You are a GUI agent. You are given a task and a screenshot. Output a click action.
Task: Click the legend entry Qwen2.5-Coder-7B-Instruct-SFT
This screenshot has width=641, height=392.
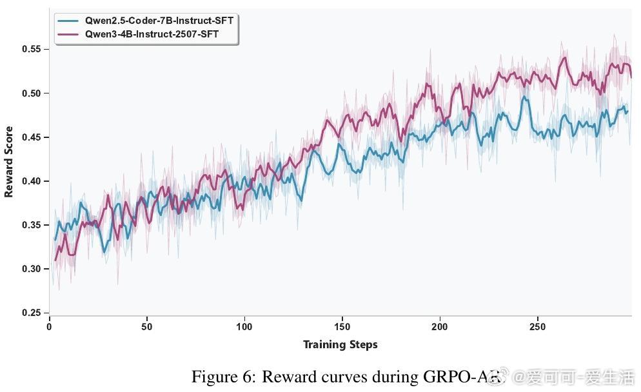pos(159,21)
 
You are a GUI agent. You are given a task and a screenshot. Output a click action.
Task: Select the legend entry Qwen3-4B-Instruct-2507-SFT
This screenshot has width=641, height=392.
pos(152,34)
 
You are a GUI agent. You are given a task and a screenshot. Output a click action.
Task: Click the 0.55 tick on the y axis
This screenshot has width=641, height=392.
pos(32,50)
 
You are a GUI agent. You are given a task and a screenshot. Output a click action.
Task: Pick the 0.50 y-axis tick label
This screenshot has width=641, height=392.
pos(32,93)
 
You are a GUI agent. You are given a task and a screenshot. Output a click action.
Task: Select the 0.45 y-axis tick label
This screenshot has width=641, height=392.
pos(32,137)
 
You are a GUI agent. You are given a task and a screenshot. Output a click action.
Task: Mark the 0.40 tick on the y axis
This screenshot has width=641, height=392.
pos(32,181)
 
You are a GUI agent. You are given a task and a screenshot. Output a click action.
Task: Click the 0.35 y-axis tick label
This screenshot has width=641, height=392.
pos(32,225)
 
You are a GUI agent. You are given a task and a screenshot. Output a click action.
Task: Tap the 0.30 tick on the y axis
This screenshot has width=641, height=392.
pos(32,269)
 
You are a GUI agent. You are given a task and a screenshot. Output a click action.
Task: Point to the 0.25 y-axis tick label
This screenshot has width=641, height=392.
pos(32,313)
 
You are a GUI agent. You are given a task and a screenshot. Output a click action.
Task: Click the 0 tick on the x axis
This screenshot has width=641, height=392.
pos(50,327)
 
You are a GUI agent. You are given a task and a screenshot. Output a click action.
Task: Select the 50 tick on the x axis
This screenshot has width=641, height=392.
pos(147,327)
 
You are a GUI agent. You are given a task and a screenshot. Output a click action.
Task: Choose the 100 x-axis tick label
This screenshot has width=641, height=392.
pos(244,327)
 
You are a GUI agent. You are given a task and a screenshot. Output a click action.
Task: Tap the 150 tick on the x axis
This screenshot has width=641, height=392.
pos(342,327)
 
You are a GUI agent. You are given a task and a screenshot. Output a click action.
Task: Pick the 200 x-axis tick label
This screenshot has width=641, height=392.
pos(440,327)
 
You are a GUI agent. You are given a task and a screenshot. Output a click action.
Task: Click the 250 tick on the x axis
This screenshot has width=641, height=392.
pos(537,327)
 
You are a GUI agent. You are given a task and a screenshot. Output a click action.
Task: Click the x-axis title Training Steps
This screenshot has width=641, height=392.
pos(340,344)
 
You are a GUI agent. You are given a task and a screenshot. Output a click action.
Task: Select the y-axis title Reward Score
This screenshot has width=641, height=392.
pos(9,170)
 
